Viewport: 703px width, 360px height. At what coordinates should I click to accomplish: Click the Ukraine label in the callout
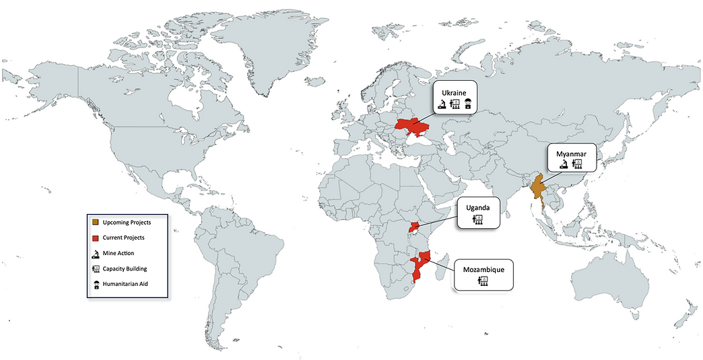(x=455, y=92)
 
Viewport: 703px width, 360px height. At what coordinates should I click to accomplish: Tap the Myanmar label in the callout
(x=570, y=153)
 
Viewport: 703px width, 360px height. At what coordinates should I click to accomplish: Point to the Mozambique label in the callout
(x=483, y=269)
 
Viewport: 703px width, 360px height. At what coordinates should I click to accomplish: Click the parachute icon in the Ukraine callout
(x=469, y=104)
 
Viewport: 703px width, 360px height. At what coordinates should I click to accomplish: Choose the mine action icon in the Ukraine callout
(x=440, y=104)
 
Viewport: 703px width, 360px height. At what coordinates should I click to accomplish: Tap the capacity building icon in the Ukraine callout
(x=455, y=104)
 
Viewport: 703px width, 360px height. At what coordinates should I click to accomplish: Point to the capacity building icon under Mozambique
(x=483, y=281)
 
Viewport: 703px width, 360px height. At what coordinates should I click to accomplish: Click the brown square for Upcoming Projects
(x=96, y=221)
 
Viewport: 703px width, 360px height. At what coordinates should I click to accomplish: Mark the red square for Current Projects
(x=96, y=238)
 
